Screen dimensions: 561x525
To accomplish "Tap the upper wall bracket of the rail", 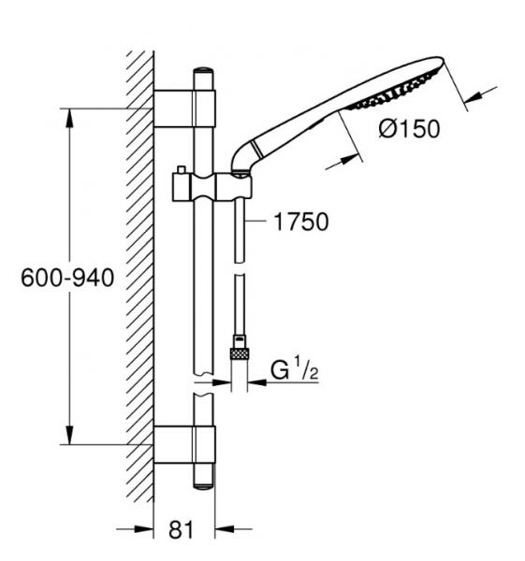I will [184, 108].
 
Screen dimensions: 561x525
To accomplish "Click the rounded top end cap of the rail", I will [204, 74].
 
